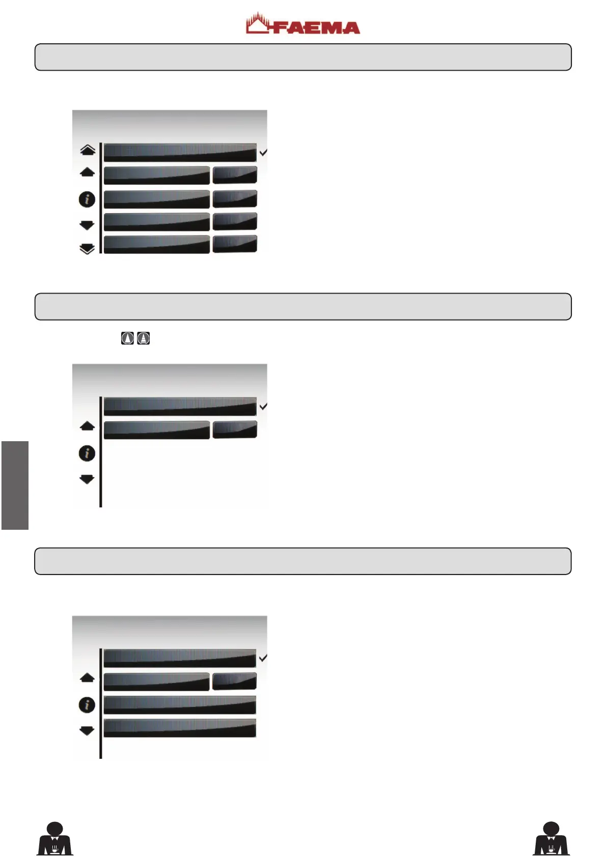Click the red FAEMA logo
[x=302, y=24]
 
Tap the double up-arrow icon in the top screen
[x=88, y=150]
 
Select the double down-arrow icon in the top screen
[x=87, y=249]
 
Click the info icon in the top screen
[x=87, y=199]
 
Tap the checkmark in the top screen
[x=263, y=152]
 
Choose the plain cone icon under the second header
[x=127, y=338]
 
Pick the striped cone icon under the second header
[x=144, y=338]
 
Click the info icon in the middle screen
[x=87, y=452]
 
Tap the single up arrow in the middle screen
[x=87, y=426]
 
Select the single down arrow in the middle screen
[x=87, y=479]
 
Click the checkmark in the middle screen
[x=263, y=407]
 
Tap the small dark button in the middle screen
[x=235, y=430]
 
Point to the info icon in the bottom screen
[x=87, y=705]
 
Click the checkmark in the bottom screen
[x=263, y=658]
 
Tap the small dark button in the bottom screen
[x=234, y=681]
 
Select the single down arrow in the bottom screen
[x=87, y=731]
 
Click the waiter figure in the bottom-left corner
[x=55, y=838]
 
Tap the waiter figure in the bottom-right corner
[x=551, y=838]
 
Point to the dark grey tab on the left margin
[x=15, y=485]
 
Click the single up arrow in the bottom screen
[x=87, y=678]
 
